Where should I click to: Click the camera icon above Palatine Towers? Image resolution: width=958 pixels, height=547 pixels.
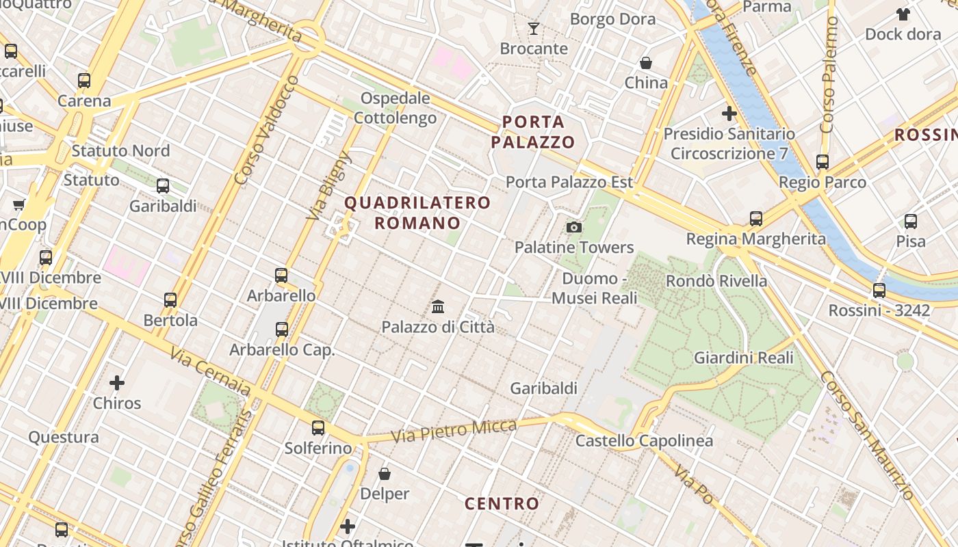[574, 227]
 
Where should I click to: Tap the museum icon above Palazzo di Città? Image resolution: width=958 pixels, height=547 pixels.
[438, 306]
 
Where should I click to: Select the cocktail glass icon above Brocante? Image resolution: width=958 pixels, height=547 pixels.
[534, 29]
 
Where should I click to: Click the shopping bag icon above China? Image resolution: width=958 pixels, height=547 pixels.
[645, 63]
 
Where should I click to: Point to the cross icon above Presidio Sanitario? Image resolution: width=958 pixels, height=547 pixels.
[729, 114]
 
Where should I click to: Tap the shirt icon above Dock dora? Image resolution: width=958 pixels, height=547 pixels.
[903, 14]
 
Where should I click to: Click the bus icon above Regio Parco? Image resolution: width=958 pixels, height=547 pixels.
[823, 162]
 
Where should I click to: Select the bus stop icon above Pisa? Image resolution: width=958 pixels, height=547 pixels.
[911, 222]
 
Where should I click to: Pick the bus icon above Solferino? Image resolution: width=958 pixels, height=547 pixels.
[318, 428]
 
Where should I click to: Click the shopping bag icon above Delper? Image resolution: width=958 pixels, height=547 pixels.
[385, 473]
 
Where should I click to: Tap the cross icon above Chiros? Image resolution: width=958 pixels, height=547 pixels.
[117, 383]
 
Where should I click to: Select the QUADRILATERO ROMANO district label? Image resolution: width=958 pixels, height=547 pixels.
[417, 213]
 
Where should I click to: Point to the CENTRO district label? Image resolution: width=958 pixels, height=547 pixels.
[502, 504]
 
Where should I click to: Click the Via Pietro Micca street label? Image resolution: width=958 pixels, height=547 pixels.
[454, 431]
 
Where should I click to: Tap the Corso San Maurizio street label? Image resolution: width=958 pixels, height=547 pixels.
[866, 436]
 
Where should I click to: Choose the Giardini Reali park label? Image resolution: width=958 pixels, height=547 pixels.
[744, 358]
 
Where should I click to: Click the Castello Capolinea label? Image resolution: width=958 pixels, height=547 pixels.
[644, 441]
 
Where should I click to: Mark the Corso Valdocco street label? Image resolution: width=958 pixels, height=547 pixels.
[267, 130]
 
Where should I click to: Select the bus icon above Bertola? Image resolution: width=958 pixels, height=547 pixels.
[170, 299]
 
